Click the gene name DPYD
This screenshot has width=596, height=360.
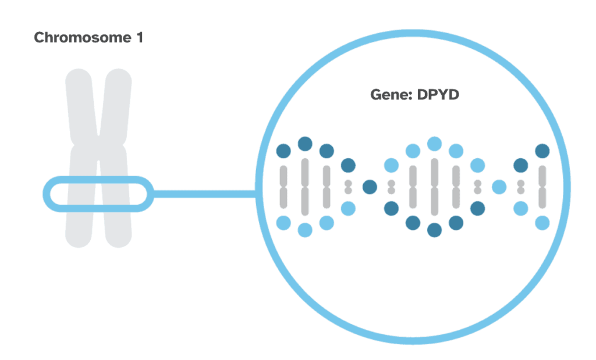click(438, 94)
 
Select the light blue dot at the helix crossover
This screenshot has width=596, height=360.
click(499, 187)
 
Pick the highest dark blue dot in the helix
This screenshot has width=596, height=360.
click(305, 144)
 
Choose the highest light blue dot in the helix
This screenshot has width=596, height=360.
click(434, 144)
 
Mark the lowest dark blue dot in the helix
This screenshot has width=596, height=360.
click(434, 230)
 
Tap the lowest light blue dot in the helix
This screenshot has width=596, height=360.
click(305, 230)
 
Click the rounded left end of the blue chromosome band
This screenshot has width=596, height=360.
click(47, 194)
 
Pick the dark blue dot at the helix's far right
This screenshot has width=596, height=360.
click(542, 151)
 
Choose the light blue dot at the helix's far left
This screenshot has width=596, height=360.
click(283, 222)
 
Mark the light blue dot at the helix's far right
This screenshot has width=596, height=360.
click(542, 222)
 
